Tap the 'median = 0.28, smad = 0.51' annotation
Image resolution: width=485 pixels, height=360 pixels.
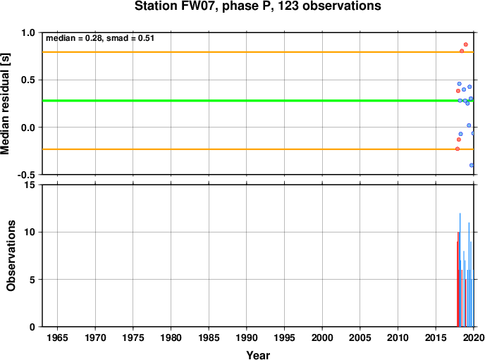pyautogui.click(x=100, y=38)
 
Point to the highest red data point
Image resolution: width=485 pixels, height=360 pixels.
pyautogui.click(x=466, y=44)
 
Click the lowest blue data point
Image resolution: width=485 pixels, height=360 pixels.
pyautogui.click(x=472, y=166)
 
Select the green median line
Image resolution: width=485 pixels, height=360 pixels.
pyautogui.click(x=258, y=101)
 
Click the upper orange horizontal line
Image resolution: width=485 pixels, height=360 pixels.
pyautogui.click(x=258, y=52)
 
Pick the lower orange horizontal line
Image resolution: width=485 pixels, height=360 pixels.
pyautogui.click(x=258, y=149)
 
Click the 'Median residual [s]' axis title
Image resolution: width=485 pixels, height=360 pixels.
pyautogui.click(x=5, y=104)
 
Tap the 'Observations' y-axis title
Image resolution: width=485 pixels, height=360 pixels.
pyautogui.click(x=11, y=256)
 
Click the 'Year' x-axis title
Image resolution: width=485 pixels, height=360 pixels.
pyautogui.click(x=258, y=355)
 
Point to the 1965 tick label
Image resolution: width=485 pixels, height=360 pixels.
pyautogui.click(x=57, y=337)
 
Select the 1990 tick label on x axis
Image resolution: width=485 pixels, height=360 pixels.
pyautogui.click(x=247, y=337)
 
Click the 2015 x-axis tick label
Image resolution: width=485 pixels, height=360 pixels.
pyautogui.click(x=436, y=337)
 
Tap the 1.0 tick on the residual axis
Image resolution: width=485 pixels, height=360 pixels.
pyautogui.click(x=28, y=32)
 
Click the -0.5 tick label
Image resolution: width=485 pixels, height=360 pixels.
pyautogui.click(x=26, y=175)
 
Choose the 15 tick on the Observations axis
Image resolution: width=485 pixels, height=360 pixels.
pyautogui.click(x=30, y=185)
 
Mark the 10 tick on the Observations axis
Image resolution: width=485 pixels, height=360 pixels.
pyautogui.click(x=30, y=232)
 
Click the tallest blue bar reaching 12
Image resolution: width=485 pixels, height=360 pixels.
pyautogui.click(x=460, y=270)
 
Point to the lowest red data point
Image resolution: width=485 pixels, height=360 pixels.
pyautogui.click(x=458, y=149)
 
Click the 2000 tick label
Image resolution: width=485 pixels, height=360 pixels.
pyautogui.click(x=322, y=337)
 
